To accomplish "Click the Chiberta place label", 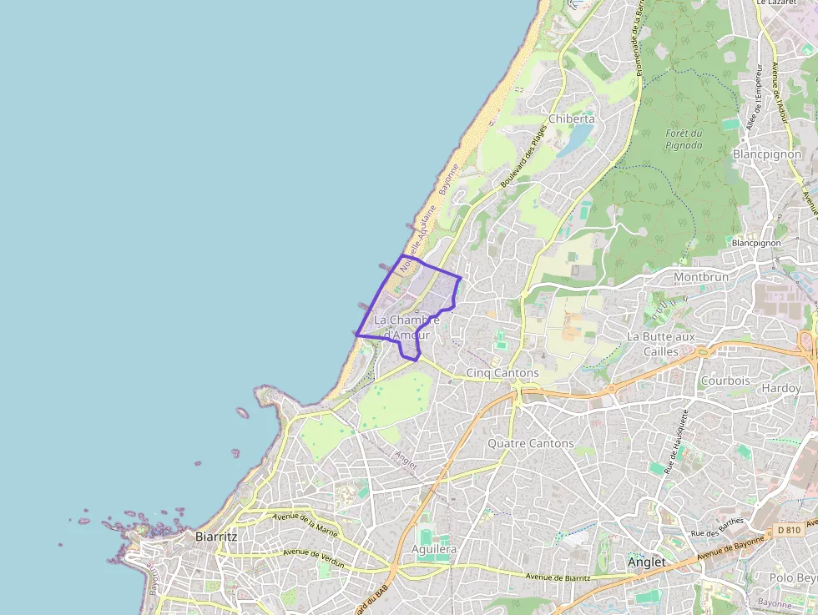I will coord(571,118).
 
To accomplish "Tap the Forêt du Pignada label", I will coord(684,139).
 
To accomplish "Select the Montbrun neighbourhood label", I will coord(700,277).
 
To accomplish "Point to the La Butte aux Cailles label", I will coord(660,343).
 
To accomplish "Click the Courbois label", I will coord(725,381).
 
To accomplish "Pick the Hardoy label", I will coord(780,388).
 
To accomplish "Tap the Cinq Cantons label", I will coord(502,372).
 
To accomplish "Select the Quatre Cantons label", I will coord(531,443).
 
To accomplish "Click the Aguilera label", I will coord(434,549).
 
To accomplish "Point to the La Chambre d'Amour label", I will coord(406,327).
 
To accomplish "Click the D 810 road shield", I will coord(787,529).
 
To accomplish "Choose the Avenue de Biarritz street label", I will coord(558,577).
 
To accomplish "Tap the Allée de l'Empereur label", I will coord(758,92).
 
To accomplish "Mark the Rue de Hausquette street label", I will coord(675,441).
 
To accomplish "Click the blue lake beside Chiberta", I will coord(575,139).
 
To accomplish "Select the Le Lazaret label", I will coord(773,3).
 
